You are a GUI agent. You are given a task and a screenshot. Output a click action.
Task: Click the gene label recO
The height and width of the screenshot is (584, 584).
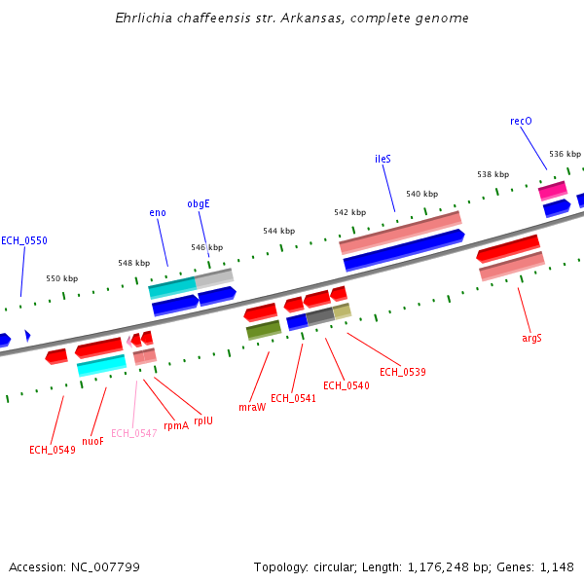521,122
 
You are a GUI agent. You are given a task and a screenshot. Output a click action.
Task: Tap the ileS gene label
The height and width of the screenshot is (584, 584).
383,159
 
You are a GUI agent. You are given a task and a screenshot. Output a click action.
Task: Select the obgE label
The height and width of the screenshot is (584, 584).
199,204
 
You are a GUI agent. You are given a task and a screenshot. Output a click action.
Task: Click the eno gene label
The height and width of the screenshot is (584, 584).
158,212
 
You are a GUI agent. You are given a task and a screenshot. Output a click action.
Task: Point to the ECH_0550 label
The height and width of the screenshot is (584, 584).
24,240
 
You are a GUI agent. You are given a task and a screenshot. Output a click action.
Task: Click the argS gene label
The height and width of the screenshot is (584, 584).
531,338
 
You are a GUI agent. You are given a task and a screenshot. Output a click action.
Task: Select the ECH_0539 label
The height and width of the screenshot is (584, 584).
403,372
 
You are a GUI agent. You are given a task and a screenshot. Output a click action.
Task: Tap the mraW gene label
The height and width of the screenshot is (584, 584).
252,407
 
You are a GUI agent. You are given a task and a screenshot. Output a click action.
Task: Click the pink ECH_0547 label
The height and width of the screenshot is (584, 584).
133,433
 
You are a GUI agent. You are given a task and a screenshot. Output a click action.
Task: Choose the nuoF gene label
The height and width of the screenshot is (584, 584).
92,441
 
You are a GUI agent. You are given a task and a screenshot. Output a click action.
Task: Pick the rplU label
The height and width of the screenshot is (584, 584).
202,420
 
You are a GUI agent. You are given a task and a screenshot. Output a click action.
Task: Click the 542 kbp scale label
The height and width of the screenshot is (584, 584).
349,212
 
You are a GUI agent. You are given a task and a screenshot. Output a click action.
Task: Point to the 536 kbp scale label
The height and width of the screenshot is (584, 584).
565,154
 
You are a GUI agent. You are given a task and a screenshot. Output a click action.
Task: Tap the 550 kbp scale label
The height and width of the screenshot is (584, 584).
62,278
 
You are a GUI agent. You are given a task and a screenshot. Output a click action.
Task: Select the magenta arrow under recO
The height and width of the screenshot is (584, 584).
552,190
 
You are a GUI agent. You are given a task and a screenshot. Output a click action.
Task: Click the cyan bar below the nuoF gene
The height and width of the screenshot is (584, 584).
101,365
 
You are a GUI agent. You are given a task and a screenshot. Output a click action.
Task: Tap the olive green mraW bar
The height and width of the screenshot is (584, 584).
263,330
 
